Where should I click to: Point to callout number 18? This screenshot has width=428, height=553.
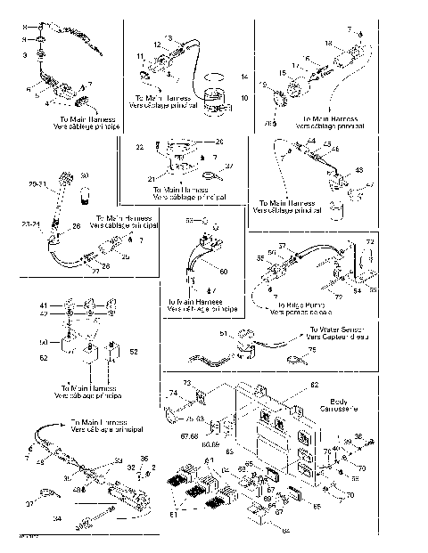coord(328,43)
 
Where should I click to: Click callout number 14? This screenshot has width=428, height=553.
coord(245,78)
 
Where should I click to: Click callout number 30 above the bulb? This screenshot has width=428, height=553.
coord(86,175)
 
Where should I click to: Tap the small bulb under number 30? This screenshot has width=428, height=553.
coord(86,191)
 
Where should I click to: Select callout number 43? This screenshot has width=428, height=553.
coord(359,169)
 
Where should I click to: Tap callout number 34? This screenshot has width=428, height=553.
coord(58,516)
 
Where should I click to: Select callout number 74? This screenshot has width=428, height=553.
coord(173,393)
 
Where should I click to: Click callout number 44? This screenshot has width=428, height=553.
coord(311,142)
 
